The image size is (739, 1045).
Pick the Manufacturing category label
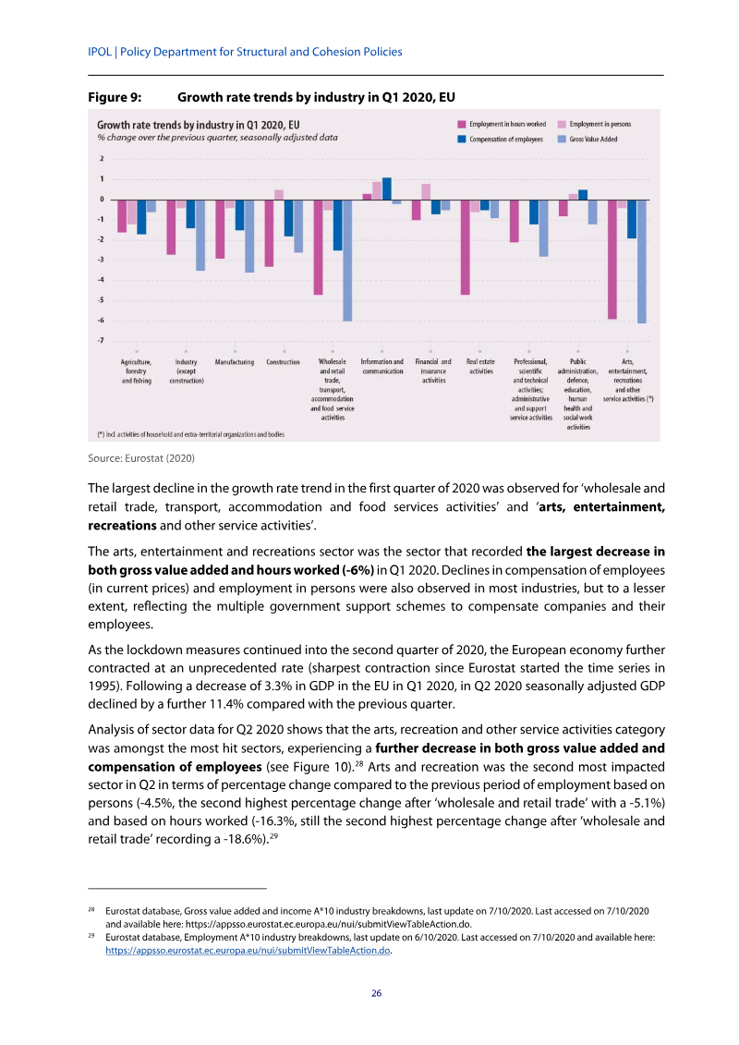point(235,362)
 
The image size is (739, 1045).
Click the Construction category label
point(283,362)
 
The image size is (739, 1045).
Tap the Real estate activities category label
point(480,367)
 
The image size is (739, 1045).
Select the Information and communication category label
point(382,367)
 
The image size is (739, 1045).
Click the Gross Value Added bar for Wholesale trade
point(347,260)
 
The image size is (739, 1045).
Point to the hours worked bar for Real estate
point(466,247)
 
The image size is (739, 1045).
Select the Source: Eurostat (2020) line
point(141,457)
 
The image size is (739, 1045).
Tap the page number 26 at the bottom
point(376,993)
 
